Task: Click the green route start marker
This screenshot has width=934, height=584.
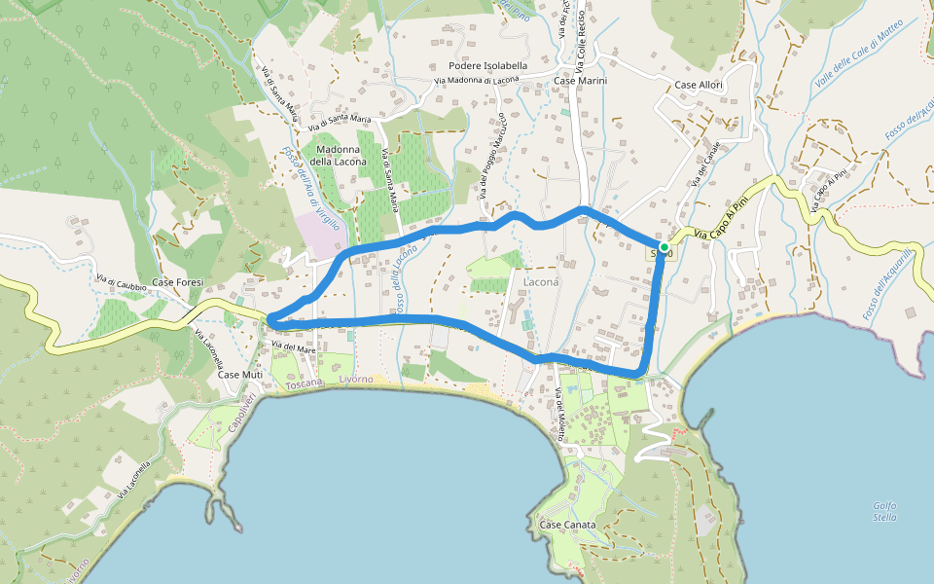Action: pos(665,248)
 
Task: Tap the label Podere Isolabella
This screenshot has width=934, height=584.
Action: pos(487,65)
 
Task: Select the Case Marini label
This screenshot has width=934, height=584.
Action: pos(581,81)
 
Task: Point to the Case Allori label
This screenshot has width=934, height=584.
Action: pos(699,86)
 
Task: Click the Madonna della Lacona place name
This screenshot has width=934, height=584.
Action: pos(339,154)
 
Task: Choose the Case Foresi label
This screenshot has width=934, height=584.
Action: pos(178,282)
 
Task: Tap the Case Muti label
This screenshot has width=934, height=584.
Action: pos(240,374)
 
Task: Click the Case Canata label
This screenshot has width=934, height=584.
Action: pos(567,525)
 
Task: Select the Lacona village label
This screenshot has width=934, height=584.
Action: pos(542,281)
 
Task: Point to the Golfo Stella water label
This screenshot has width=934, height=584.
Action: pos(884,511)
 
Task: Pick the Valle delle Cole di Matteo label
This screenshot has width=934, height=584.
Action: pos(860,57)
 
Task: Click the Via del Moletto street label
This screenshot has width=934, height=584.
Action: pos(559,415)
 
